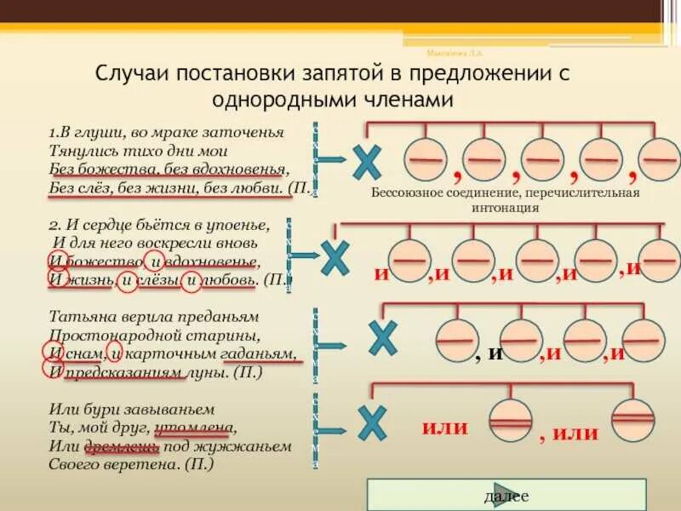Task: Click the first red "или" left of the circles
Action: tap(445, 427)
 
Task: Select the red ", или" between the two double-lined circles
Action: tap(569, 433)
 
